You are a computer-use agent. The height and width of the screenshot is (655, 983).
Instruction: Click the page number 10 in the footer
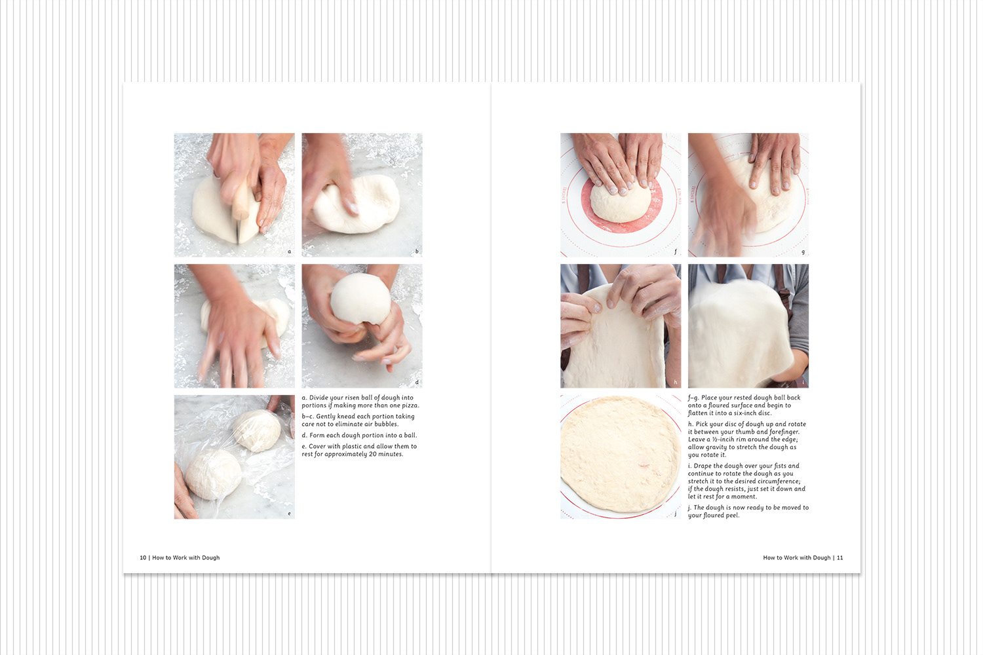[143, 557]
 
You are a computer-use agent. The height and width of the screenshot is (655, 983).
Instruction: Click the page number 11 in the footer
[839, 557]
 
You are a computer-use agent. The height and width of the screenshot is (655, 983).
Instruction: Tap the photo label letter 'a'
[289, 252]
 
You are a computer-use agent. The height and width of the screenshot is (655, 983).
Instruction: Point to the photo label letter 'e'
[289, 514]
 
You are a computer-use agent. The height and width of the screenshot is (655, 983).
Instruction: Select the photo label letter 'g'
[803, 252]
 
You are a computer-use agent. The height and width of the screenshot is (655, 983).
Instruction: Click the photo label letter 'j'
[676, 514]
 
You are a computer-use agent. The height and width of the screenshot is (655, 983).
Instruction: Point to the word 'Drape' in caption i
[703, 466]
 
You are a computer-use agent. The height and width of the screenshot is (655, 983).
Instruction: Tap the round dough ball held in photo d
[360, 298]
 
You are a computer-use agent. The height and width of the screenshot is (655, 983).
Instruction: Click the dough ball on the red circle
[620, 203]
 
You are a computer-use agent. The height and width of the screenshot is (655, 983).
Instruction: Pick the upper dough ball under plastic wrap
[257, 430]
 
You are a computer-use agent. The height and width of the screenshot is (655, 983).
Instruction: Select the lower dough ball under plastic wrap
[213, 474]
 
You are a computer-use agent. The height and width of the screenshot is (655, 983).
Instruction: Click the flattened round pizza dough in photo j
[620, 454]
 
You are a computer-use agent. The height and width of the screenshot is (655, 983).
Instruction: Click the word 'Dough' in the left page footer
[210, 558]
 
